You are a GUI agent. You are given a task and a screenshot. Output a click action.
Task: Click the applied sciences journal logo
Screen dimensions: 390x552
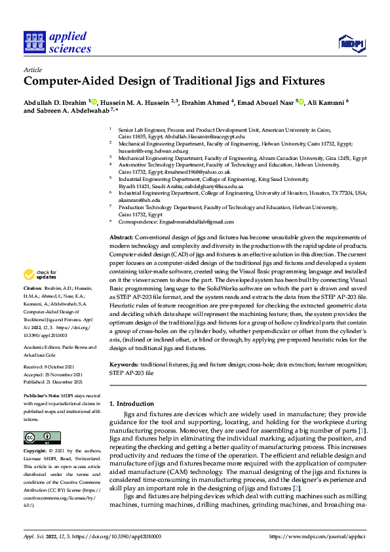(57, 41)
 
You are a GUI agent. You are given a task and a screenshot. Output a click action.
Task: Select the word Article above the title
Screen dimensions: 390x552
(32, 69)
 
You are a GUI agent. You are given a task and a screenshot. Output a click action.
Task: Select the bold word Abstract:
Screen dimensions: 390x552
(121, 236)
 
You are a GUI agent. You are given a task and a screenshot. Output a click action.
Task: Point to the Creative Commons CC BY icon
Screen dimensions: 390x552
(41, 437)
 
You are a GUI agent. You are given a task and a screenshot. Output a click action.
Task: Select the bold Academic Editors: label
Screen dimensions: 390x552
(42, 347)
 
